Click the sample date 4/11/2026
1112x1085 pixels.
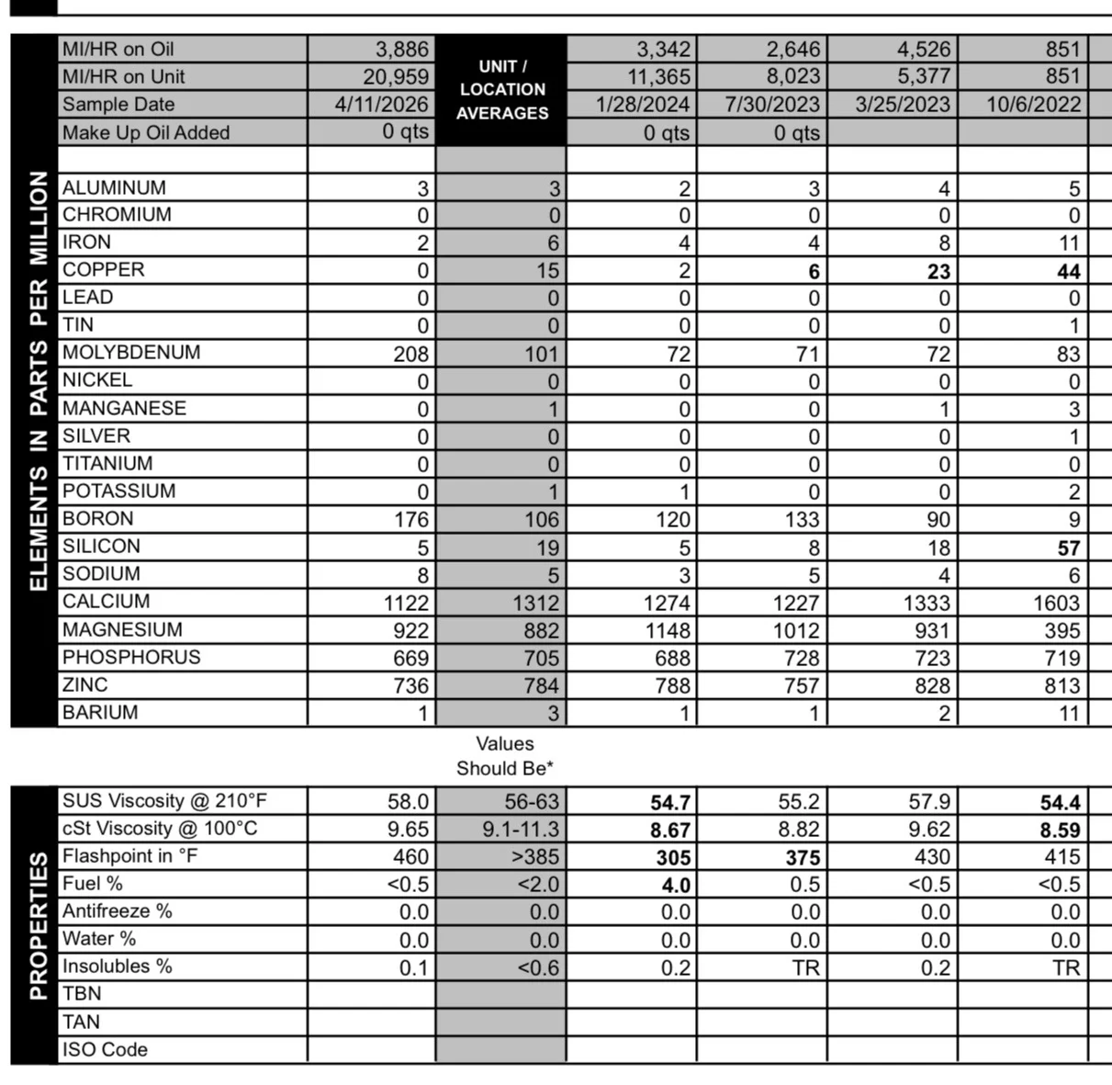(x=381, y=105)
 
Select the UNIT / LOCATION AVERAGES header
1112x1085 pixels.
(x=501, y=90)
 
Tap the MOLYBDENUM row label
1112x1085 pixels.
(x=131, y=353)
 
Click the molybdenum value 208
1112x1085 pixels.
(x=410, y=355)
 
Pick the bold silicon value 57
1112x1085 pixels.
(x=1068, y=548)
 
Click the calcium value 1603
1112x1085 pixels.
(x=1056, y=604)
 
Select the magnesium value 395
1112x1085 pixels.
(x=1061, y=631)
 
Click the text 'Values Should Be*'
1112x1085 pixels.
(x=504, y=756)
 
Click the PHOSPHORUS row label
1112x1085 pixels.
(x=131, y=658)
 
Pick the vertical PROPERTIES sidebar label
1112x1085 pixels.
(x=38, y=925)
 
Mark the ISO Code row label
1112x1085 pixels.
(x=105, y=1050)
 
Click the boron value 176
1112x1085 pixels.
(x=410, y=520)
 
